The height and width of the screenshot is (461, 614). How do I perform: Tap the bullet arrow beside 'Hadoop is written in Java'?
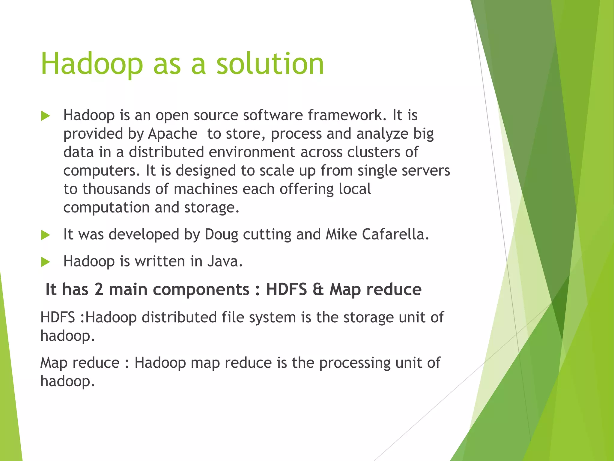pyautogui.click(x=45, y=262)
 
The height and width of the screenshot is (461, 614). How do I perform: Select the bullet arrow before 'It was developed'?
pyautogui.click(x=45, y=235)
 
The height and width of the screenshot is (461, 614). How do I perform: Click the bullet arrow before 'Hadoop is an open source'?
pyautogui.click(x=45, y=116)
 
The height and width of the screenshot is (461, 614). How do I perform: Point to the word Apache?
pyautogui.click(x=173, y=134)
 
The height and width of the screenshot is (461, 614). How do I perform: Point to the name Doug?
pyautogui.click(x=221, y=235)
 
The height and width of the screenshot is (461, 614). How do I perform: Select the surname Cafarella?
pyautogui.click(x=395, y=234)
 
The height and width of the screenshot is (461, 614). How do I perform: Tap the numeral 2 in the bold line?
pyautogui.click(x=99, y=290)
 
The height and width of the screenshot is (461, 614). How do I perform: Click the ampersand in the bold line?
pyautogui.click(x=318, y=290)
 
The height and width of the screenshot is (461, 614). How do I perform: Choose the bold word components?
pyautogui.click(x=179, y=290)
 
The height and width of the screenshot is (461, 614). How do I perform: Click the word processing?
pyautogui.click(x=355, y=363)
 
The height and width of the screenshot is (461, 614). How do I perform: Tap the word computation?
pyautogui.click(x=106, y=208)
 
